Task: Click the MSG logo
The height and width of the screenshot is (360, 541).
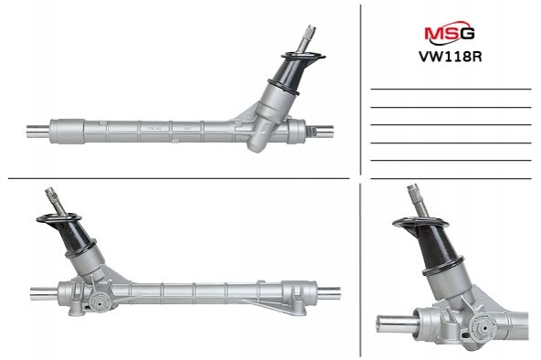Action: (x=450, y=33)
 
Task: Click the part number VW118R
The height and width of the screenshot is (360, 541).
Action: (x=450, y=57)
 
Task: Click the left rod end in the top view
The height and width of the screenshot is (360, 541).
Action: (x=38, y=131)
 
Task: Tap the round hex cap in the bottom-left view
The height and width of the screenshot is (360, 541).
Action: (x=100, y=303)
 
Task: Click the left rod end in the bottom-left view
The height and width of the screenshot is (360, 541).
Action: (x=44, y=293)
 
